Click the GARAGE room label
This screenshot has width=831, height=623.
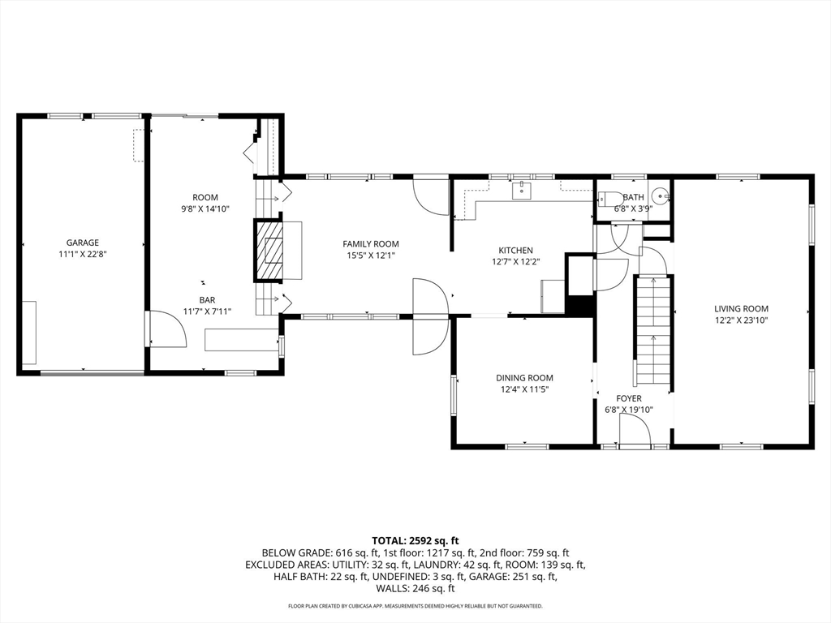point(82,243)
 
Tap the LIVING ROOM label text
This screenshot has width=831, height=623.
point(741,309)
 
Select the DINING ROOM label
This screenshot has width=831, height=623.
point(524,378)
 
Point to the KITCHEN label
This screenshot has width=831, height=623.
point(515,250)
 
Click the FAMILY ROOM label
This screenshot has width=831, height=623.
point(370,243)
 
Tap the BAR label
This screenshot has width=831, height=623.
point(207,300)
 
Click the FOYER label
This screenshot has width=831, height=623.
point(629,398)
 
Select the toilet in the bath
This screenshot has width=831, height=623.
point(610,200)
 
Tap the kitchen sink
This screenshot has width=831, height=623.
point(522,190)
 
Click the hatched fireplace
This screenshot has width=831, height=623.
point(269,251)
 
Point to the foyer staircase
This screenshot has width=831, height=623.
point(653,331)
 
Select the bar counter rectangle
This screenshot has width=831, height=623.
point(242,340)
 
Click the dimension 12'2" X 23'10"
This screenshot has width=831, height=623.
point(741,320)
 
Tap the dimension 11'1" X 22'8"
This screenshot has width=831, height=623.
point(83,254)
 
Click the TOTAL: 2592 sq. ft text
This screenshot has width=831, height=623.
point(415,541)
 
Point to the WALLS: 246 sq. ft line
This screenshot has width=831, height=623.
point(415,589)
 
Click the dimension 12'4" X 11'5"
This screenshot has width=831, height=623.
point(524,389)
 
